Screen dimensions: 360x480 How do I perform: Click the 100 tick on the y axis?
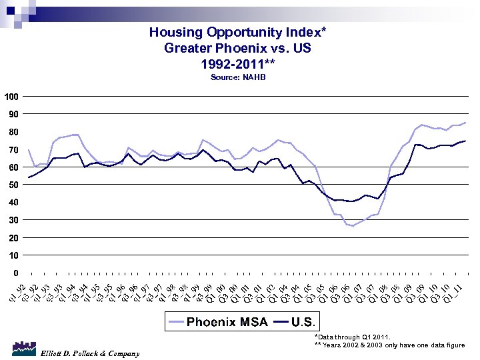11,97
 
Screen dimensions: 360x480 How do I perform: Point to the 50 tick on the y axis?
13,185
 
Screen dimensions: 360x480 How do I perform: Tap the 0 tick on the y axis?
15,273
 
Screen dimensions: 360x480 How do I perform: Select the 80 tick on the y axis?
13,132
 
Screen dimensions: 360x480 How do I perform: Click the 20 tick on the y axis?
13,237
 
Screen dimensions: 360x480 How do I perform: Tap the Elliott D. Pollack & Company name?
90,353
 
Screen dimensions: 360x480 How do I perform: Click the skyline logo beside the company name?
23,349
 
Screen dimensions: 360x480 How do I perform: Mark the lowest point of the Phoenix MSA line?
353,226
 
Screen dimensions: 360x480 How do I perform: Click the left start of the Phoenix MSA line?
28,149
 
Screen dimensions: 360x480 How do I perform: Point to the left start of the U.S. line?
28,177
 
